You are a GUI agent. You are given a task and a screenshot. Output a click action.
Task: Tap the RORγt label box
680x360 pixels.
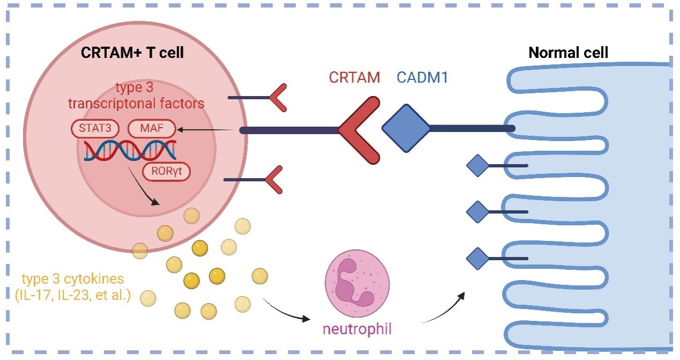pyautogui.click(x=166, y=172)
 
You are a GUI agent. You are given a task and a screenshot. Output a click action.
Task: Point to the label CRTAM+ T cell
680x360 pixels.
pyautogui.click(x=132, y=53)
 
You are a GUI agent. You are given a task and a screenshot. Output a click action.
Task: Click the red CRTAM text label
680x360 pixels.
pyautogui.click(x=354, y=77)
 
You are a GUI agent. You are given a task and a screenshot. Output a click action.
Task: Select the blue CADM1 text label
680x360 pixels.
pyautogui.click(x=422, y=77)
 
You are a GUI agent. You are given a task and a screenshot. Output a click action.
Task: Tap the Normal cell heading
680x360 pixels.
pyautogui.click(x=568, y=53)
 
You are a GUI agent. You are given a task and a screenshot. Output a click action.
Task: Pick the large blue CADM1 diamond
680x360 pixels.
pyautogui.click(x=406, y=128)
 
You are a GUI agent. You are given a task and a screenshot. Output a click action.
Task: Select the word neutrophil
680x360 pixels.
pyautogui.click(x=357, y=328)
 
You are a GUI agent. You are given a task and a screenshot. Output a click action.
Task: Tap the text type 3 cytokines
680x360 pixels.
pyautogui.click(x=73, y=279)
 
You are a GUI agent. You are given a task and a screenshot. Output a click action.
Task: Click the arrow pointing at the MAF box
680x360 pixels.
pyautogui.click(x=209, y=129)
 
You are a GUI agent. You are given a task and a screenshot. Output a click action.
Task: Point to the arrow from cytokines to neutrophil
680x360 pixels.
pyautogui.click(x=287, y=311)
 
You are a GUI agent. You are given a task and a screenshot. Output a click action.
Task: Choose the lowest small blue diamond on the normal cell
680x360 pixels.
pyautogui.click(x=477, y=258)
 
